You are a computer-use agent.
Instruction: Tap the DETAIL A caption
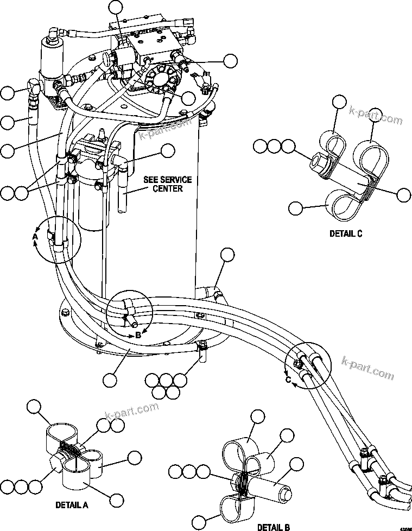pos(72,504)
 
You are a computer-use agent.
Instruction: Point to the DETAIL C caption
pos(345,233)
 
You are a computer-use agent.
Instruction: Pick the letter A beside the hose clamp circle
pos(35,237)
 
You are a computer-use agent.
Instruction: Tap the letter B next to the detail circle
pos(138,335)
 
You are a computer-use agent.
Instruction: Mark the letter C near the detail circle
pos(288,380)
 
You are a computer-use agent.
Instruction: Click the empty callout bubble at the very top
pos(116,7)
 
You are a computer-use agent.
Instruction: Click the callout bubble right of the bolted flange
pos(231,60)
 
